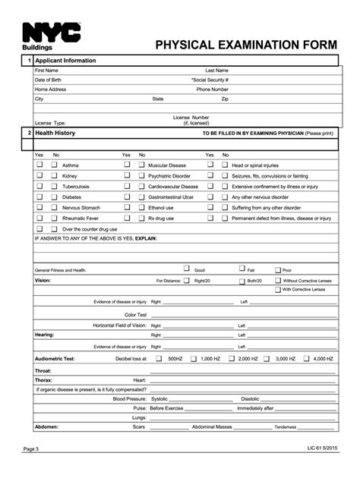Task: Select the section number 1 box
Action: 28,60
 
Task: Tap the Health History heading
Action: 55,133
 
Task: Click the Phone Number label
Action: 213,89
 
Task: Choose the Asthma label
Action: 70,165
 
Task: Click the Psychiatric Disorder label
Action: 169,175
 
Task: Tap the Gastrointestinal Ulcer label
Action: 171,197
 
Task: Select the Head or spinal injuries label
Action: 255,165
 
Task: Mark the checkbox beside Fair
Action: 241,269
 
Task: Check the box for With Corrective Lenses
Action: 276,289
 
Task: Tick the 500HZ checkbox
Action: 159,357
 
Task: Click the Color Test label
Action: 135,313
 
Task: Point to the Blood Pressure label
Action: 129,398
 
